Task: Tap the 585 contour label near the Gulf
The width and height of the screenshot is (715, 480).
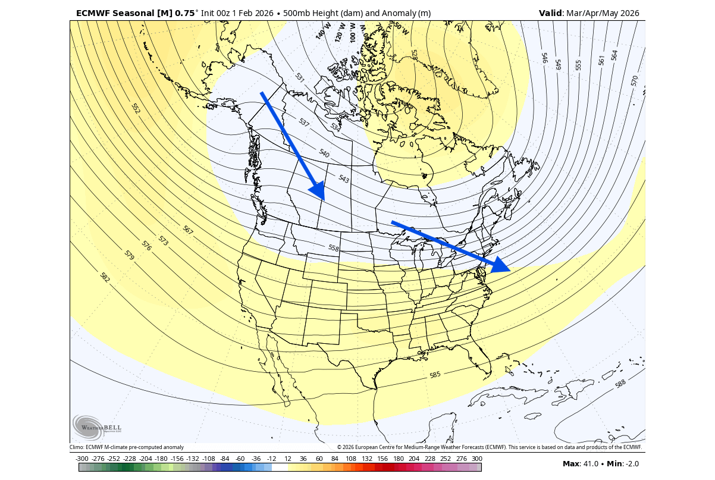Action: tap(435, 375)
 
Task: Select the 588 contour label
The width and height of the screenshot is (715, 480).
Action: tap(620, 384)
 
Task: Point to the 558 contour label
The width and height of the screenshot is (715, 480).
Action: tap(334, 248)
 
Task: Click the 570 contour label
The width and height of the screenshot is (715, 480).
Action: tap(634, 81)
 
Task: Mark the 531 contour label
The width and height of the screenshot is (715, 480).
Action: tap(300, 77)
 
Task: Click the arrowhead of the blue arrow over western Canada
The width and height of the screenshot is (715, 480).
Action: tap(318, 192)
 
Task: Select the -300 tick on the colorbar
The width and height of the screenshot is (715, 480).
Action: tap(82, 459)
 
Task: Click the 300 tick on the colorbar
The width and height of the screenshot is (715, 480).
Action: tap(476, 459)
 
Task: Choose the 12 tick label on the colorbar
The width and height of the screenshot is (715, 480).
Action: tap(287, 459)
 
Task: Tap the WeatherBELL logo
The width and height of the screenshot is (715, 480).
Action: tap(96, 426)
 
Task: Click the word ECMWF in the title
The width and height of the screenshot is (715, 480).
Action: tap(95, 13)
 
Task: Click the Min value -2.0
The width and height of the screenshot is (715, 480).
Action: tap(634, 463)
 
